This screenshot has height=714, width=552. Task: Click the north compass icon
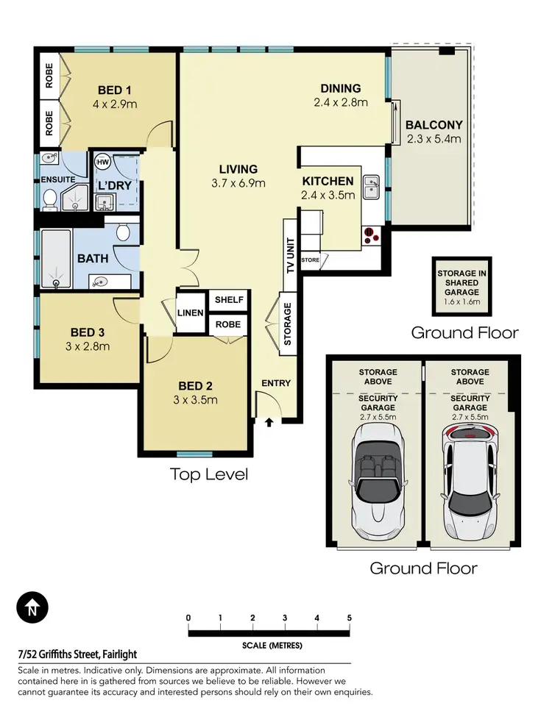tap(32, 609)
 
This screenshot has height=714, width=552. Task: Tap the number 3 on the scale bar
tap(285, 618)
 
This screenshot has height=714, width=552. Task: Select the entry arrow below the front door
tap(269, 422)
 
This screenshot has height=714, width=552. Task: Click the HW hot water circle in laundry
tap(102, 162)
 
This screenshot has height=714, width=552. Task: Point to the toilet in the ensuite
tap(50, 199)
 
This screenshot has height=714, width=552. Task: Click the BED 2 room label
tap(195, 386)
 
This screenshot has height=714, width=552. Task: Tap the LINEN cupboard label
tap(190, 313)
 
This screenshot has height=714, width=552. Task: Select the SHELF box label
tap(228, 300)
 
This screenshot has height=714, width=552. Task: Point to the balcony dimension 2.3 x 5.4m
tap(434, 138)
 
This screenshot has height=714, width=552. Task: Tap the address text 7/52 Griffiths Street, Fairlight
tap(77, 654)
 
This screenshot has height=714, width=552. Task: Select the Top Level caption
tap(209, 474)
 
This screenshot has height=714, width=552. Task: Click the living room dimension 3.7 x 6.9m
tap(237, 183)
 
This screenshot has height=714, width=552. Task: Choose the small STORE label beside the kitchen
tap(310, 260)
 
